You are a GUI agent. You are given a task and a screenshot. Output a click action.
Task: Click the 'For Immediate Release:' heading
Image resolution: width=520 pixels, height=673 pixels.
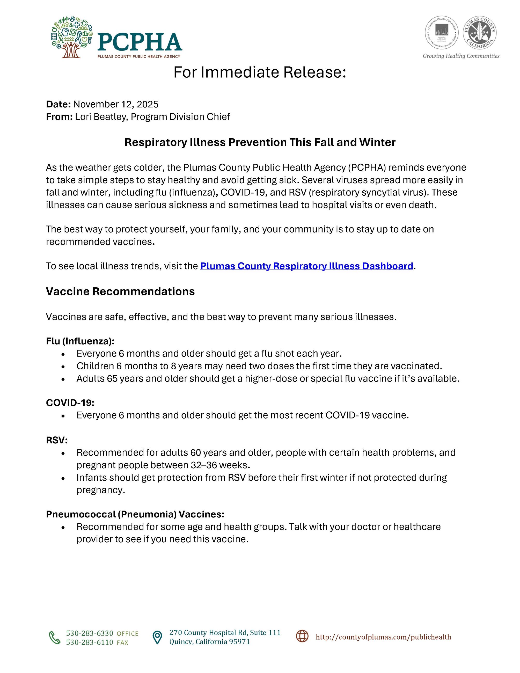(260, 72)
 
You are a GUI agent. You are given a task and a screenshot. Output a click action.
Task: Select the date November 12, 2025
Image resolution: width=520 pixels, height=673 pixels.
(115, 104)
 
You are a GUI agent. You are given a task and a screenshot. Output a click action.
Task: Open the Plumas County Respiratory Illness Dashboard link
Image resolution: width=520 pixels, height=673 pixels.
(306, 266)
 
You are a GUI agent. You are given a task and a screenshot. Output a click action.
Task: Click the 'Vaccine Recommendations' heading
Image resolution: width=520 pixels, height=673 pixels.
(120, 291)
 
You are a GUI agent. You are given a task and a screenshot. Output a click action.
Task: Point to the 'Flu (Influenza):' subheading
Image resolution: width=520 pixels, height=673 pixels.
(80, 341)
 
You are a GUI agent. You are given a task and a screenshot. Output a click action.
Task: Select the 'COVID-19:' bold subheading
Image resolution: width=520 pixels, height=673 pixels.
(70, 403)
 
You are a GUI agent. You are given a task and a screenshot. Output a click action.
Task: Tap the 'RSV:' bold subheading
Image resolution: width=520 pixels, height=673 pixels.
(57, 440)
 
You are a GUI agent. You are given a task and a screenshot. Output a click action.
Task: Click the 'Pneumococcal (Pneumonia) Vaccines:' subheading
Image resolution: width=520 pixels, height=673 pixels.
(135, 514)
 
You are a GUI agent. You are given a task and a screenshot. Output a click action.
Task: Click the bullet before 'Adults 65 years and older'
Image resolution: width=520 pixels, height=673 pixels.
(63, 379)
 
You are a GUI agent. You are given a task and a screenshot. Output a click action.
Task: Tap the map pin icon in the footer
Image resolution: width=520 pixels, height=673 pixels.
(157, 637)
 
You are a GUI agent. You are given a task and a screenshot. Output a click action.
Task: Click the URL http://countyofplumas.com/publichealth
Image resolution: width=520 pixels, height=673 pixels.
(383, 637)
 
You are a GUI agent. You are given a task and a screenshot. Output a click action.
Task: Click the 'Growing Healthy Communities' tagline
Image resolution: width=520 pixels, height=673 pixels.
(461, 56)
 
